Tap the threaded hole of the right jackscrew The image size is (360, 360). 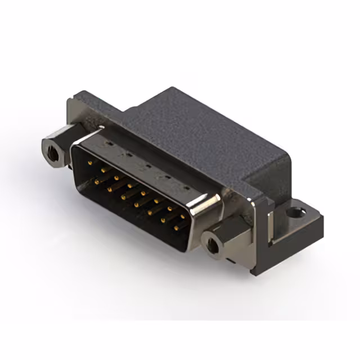213,245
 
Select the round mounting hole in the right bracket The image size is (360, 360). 296,213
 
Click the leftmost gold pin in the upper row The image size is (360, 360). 91,162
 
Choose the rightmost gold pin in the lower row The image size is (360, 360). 175,227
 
